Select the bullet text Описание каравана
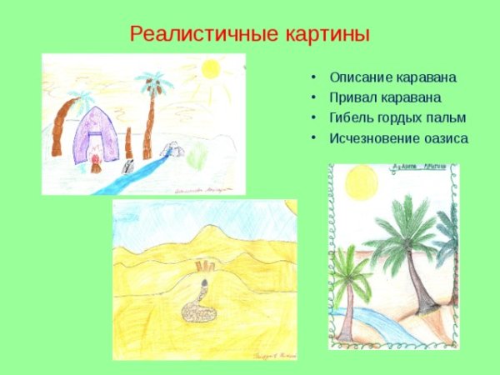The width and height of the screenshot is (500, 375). [392, 77]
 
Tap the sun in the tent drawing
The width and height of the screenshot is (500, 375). [209, 68]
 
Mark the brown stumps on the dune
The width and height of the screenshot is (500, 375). [205, 267]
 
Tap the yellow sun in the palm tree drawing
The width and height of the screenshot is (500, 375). [362, 182]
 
